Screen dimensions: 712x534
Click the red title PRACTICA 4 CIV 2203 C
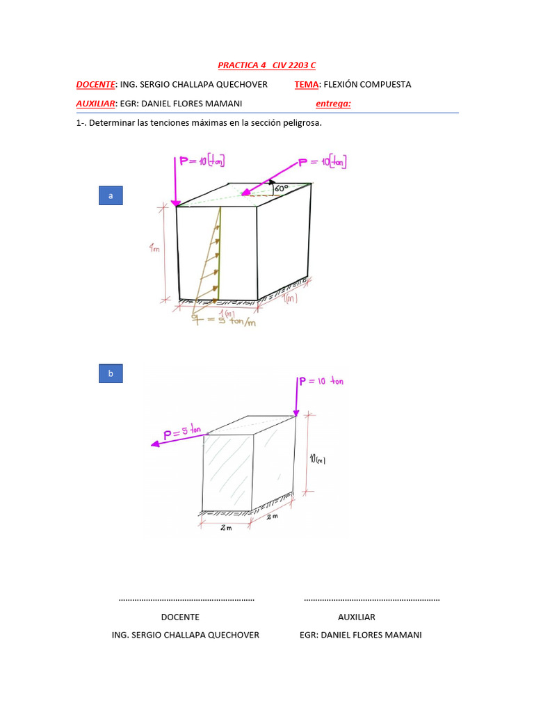[x=267, y=65]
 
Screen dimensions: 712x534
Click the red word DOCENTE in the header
[x=95, y=84]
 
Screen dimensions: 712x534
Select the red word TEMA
[x=306, y=84]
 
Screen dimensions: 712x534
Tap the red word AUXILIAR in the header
[x=95, y=104]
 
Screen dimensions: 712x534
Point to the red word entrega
[x=333, y=104]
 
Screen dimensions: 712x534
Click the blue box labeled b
[x=111, y=374]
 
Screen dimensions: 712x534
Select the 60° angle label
[x=282, y=188]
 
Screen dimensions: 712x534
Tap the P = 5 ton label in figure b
[x=182, y=433]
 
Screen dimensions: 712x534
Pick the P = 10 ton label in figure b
[x=321, y=381]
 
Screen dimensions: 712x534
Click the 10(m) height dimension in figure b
[x=318, y=459]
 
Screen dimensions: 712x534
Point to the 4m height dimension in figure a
[x=154, y=248]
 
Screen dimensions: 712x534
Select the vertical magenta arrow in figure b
[x=297, y=396]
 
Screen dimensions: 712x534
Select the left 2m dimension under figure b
[x=225, y=528]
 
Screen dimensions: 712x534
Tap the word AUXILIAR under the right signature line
[x=356, y=617]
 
